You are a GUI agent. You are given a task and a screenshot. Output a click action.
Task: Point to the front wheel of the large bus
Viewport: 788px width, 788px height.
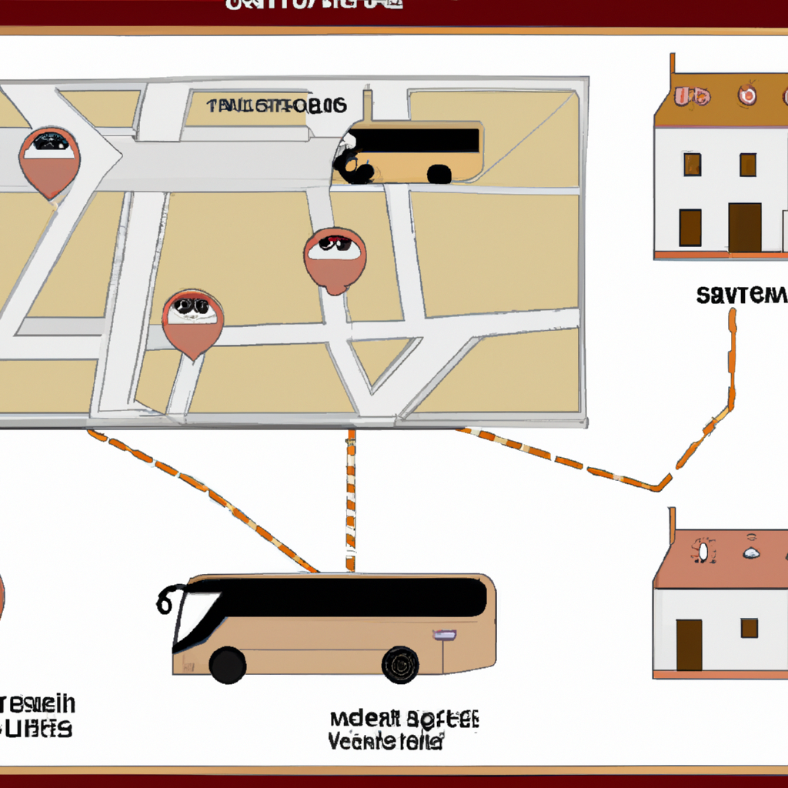228,664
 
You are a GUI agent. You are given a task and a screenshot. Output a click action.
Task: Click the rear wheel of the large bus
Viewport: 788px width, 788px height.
400,664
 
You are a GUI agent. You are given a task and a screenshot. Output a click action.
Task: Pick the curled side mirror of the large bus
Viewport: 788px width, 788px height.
166,599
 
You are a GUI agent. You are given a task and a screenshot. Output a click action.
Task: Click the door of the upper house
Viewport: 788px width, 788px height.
744,228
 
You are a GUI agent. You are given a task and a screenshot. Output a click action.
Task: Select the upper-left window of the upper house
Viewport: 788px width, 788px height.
692,164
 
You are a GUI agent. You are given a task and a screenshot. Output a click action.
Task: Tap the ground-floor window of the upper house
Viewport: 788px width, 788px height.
690,227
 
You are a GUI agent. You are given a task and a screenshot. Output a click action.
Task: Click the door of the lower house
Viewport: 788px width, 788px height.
689,645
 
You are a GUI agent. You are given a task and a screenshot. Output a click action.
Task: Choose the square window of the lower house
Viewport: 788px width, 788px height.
749,628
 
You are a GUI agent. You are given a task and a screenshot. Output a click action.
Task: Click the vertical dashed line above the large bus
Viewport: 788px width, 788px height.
351,500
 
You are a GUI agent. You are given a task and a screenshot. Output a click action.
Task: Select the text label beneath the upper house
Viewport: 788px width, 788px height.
742,294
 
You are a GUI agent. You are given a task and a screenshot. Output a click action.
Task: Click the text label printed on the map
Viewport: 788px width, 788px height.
276,105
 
